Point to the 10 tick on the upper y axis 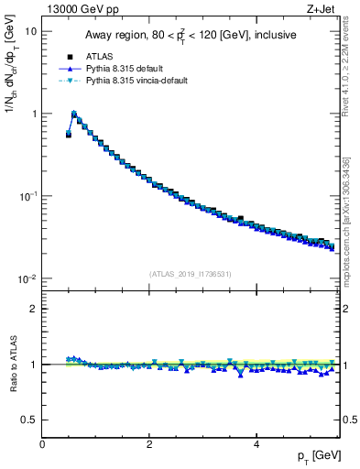pos(29,31)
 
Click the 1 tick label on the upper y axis pos(33,114)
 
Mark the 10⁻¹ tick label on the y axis pos(27,196)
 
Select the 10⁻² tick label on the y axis pos(27,278)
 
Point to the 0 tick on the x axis pos(43,444)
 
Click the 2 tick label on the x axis pos(149,444)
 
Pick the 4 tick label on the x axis pos(256,444)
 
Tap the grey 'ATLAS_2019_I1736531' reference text pos(190,273)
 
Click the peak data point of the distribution pos(74,115)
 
